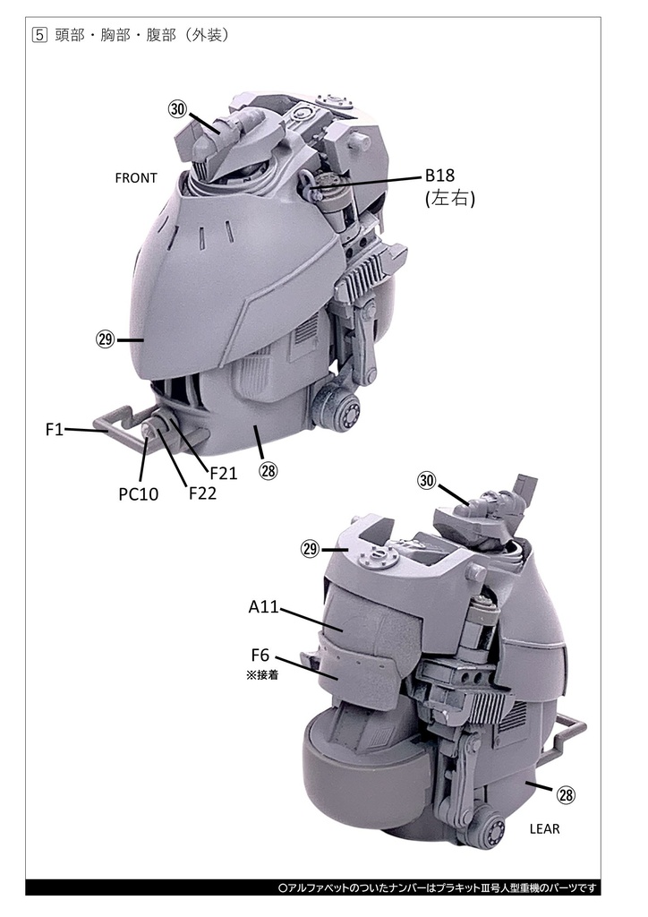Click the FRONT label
point(136,178)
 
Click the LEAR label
point(544,828)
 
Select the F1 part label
point(54,430)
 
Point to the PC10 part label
point(138,493)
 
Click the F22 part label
point(202,492)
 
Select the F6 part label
point(260,656)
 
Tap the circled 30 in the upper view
point(177,108)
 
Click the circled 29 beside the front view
point(106,339)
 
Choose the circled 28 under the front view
point(269,470)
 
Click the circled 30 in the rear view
point(427,481)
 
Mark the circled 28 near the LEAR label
point(566,794)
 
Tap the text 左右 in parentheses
point(450,200)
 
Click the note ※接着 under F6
point(261,676)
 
